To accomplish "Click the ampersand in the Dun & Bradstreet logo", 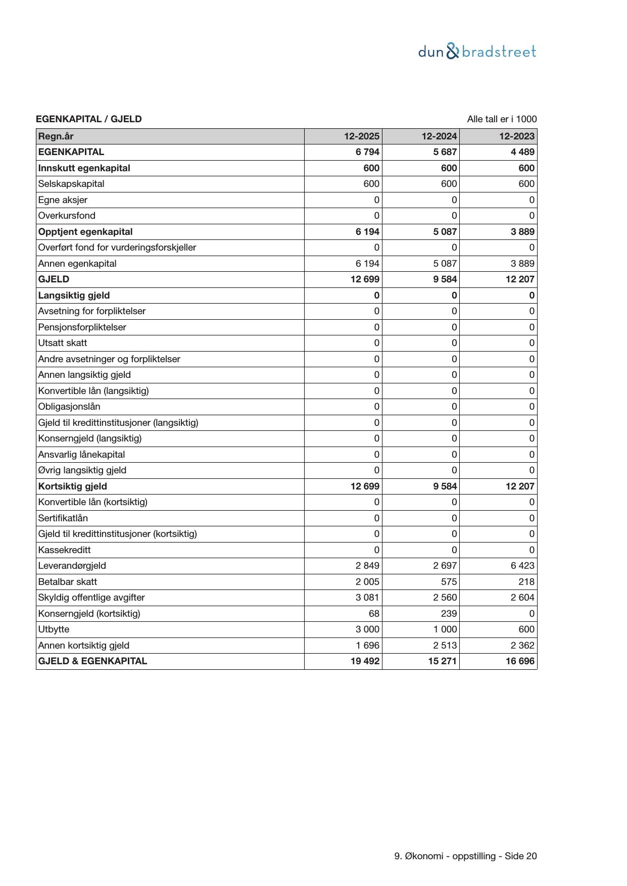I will (453, 52).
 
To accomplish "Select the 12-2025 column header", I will (362, 136).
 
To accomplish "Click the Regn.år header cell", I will (56, 136).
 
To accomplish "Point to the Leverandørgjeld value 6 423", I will (522, 566).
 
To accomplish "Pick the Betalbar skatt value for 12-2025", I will (367, 581).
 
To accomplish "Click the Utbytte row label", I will (54, 629).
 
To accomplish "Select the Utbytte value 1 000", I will (445, 629).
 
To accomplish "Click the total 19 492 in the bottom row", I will (365, 661).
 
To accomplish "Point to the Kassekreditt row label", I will (64, 550).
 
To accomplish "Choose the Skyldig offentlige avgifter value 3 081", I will (367, 598).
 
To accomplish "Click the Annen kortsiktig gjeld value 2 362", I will (522, 645).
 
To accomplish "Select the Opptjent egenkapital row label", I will (85, 232).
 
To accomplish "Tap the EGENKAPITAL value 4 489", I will (522, 152).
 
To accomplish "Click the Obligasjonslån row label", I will (69, 407).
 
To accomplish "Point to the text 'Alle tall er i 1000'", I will (502, 119).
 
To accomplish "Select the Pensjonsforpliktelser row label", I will (82, 327).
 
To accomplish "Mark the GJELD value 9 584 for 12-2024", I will (445, 279).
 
